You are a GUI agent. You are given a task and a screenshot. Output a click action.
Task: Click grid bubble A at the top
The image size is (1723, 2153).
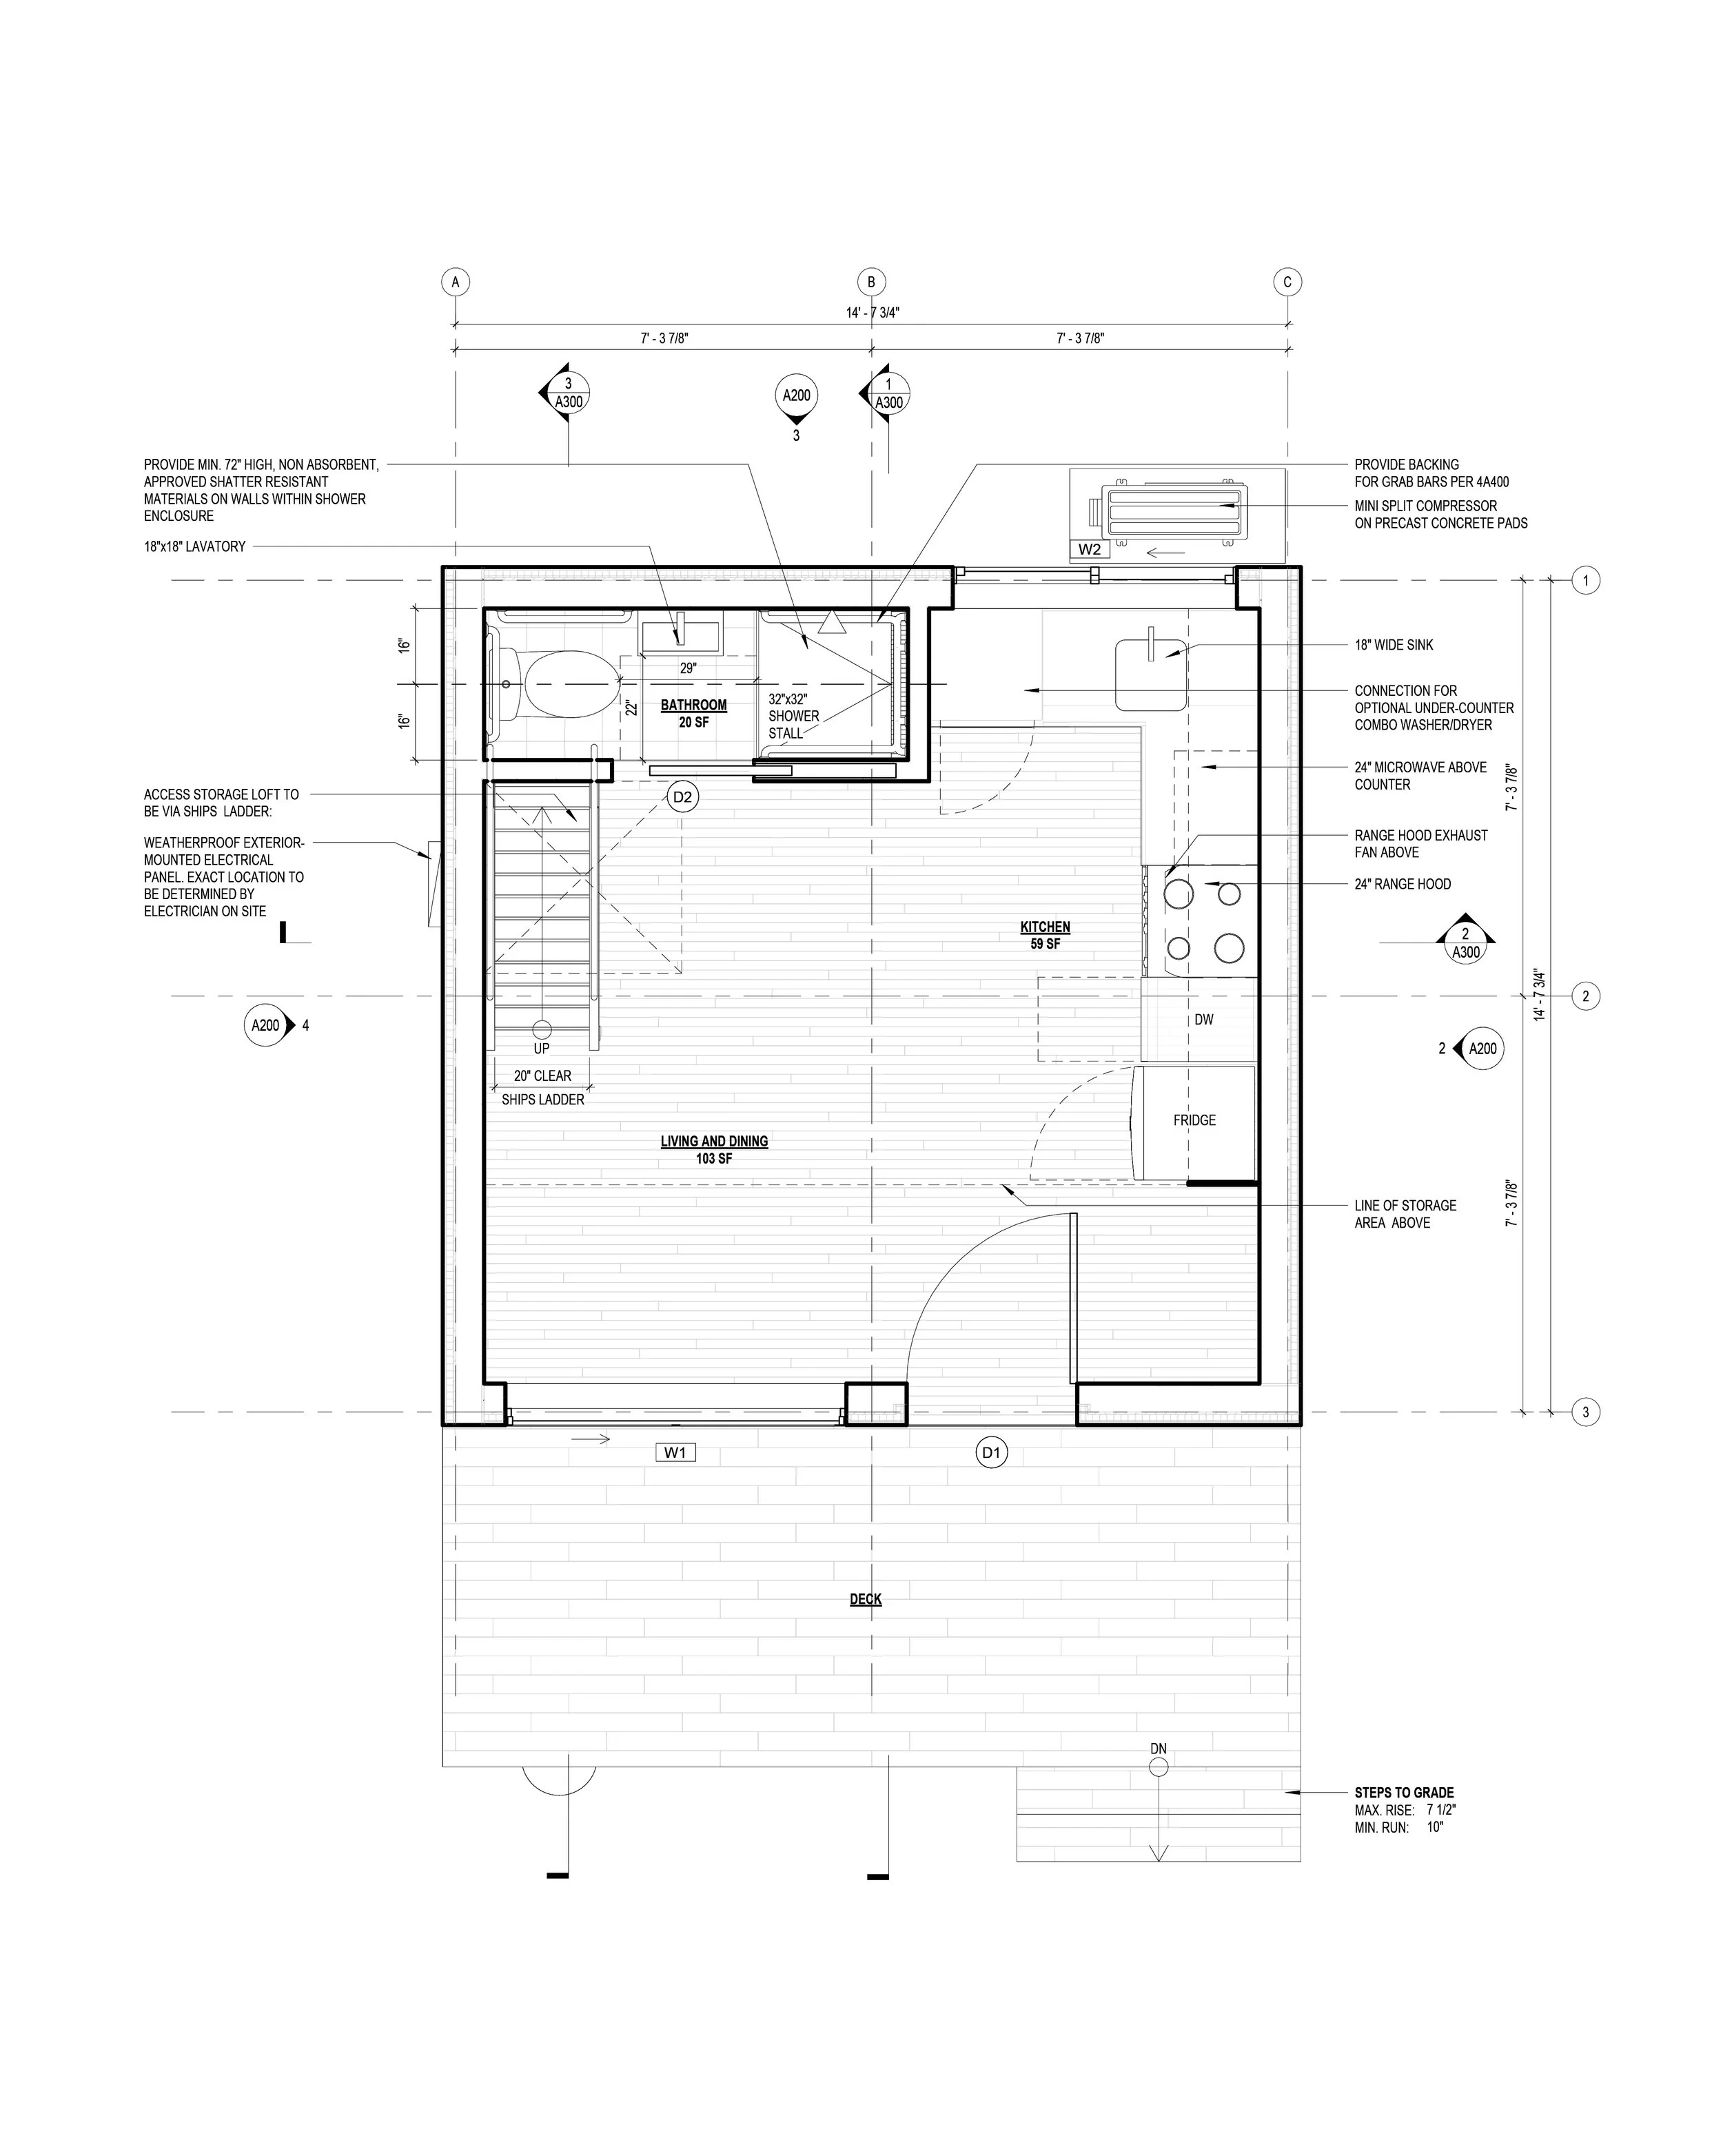coord(456,282)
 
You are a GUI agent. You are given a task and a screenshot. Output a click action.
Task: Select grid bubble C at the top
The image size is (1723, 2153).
coord(1287,282)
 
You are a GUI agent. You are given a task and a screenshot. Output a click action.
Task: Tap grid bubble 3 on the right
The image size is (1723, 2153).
coord(1586,1412)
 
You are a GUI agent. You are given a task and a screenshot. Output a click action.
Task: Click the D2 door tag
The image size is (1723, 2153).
coord(683,797)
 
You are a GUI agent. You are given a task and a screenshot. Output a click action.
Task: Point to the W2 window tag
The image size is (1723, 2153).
coord(1089,549)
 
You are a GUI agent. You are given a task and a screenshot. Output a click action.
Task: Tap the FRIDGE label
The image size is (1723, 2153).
coord(1194,1120)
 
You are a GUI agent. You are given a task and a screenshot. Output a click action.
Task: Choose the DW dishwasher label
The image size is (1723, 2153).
coord(1203,1020)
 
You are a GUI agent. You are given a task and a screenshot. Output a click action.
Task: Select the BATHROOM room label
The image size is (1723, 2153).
coord(694,705)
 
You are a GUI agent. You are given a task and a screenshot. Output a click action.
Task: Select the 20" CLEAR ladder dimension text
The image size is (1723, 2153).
coord(543,1075)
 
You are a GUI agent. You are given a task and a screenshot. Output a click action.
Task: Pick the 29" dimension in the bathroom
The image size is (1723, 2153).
coord(689,668)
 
